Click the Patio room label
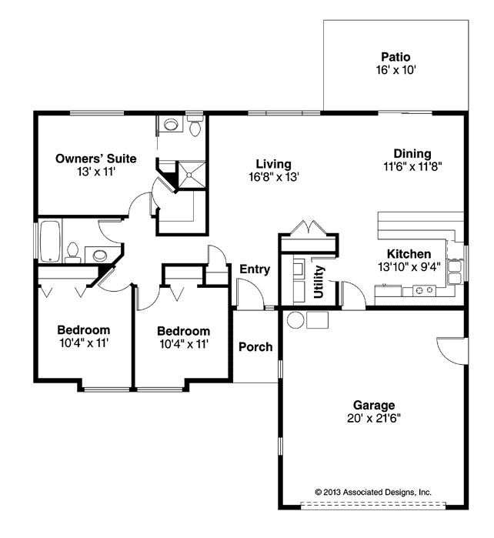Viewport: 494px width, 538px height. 396,57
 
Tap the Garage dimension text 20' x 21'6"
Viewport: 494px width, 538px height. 374,418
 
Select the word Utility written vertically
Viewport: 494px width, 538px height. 319,282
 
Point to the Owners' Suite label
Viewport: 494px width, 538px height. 96,159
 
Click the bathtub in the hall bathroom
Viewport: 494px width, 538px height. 51,241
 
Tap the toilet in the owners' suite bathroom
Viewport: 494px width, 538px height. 195,126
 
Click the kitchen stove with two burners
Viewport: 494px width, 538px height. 424,290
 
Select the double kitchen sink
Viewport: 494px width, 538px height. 455,272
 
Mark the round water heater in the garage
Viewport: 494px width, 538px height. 295,320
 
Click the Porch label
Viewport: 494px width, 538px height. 255,347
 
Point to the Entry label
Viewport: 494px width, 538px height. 255,269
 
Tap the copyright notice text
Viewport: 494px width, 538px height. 373,492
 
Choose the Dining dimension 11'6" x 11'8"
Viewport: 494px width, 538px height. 412,167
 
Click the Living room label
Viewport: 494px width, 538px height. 273,164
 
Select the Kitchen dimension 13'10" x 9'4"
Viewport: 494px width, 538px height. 409,266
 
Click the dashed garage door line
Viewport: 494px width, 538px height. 373,504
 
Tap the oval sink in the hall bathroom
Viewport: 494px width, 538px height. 99,255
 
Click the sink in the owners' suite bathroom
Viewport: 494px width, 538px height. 171,124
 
